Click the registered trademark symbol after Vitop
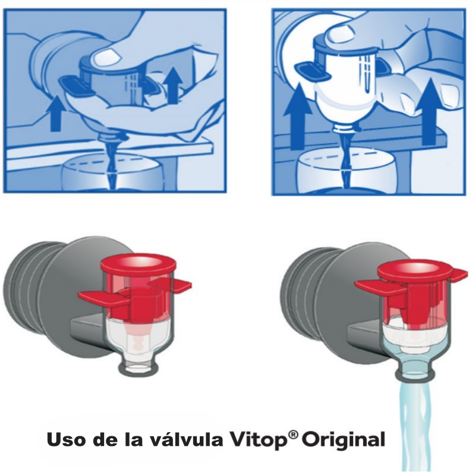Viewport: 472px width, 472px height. (292, 435)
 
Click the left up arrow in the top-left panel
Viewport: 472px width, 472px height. (56, 114)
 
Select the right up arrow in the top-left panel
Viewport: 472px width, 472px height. (172, 84)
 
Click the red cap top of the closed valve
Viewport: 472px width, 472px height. (137, 262)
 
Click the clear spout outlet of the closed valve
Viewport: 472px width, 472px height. (138, 366)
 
